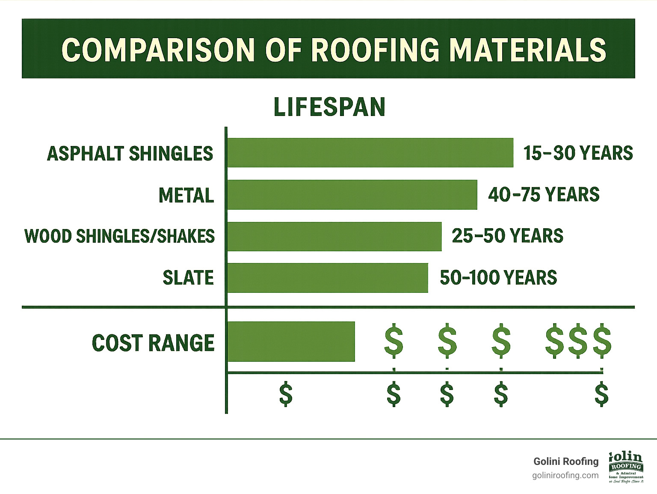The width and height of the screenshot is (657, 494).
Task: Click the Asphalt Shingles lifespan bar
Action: click(370, 152)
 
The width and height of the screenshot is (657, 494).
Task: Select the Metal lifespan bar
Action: click(352, 194)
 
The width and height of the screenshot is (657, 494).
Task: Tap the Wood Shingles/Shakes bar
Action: click(334, 236)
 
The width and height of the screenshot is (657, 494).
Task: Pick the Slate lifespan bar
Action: click(327, 278)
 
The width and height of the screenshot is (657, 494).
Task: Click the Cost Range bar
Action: click(291, 342)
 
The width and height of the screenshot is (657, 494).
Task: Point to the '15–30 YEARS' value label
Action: click(578, 153)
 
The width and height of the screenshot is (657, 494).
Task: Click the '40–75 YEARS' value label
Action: click(544, 194)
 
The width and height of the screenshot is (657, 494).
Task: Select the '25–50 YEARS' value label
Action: click(507, 236)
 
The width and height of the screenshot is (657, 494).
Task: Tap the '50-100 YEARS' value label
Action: click(498, 278)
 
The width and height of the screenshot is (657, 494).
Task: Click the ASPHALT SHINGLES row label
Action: click(130, 154)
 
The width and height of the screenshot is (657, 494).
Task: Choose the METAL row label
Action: click(186, 196)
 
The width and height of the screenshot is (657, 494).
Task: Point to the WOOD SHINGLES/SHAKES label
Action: click(120, 236)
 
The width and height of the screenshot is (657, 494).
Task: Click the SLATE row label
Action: click(188, 278)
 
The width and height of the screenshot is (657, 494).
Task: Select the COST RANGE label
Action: click(153, 343)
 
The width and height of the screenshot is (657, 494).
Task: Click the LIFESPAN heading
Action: click(329, 107)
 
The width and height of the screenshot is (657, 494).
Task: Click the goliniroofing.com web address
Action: click(565, 476)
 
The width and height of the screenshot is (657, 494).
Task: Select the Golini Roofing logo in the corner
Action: click(626, 467)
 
